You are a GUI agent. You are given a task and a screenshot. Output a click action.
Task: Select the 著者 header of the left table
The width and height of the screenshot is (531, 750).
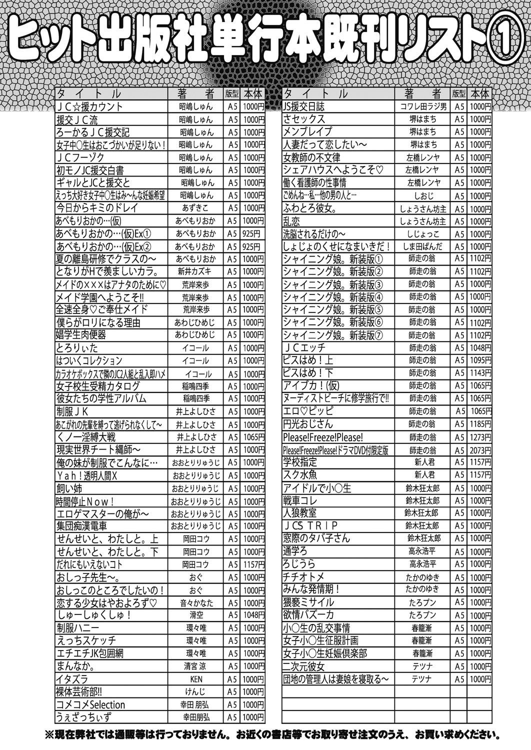195,94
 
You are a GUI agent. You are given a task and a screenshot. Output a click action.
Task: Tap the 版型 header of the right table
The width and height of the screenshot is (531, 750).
459,93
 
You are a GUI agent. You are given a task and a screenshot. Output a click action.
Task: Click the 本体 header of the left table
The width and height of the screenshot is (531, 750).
254,94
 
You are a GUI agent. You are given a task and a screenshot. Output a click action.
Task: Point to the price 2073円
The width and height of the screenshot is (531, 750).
480,450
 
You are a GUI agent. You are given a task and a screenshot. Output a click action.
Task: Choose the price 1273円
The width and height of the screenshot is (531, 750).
480,437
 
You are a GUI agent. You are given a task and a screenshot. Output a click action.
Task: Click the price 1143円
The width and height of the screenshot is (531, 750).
480,373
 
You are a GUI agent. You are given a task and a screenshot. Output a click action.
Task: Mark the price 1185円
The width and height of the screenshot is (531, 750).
480,424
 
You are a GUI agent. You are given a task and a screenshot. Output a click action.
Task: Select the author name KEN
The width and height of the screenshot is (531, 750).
196,679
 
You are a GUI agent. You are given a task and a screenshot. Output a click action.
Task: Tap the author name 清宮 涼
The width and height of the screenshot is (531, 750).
196,666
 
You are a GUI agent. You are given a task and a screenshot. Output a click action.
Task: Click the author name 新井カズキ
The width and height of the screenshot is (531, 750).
196,271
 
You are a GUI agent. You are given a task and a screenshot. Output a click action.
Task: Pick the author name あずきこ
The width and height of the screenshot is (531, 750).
196,207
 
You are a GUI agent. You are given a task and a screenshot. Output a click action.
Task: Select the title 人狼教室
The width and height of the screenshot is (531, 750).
299,513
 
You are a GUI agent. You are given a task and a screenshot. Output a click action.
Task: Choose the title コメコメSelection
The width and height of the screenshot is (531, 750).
90,705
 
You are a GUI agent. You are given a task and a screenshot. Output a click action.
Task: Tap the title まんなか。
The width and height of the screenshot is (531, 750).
75,666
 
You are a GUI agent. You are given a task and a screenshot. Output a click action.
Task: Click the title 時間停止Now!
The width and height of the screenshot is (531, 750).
85,500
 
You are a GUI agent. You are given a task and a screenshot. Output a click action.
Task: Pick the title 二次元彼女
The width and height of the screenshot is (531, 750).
303,666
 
